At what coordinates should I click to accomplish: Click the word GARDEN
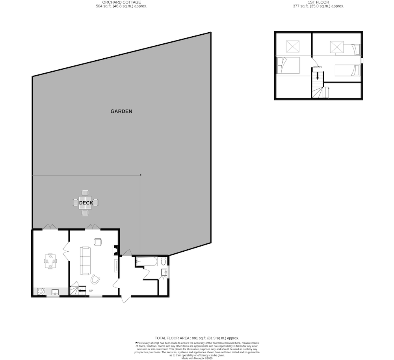click(x=121, y=111)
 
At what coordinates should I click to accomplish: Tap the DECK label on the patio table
click(x=86, y=203)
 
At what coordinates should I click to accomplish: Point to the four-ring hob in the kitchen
click(x=41, y=291)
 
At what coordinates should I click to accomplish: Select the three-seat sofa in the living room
click(x=85, y=261)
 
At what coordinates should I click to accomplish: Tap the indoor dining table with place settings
click(x=50, y=261)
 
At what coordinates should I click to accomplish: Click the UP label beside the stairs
click(x=91, y=291)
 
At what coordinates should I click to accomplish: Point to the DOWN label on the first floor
click(x=317, y=67)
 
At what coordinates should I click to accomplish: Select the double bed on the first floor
click(x=288, y=65)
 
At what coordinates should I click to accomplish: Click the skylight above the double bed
click(x=293, y=46)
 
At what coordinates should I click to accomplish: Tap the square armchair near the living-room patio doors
click(x=98, y=242)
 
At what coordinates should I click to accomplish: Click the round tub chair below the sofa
click(x=95, y=279)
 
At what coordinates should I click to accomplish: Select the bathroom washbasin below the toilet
click(x=164, y=272)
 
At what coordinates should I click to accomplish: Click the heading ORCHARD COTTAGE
click(x=121, y=2)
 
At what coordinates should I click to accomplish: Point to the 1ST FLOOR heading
click(x=318, y=2)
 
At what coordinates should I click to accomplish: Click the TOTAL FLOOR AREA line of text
click(x=197, y=338)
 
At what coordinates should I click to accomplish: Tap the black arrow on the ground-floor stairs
click(x=82, y=291)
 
